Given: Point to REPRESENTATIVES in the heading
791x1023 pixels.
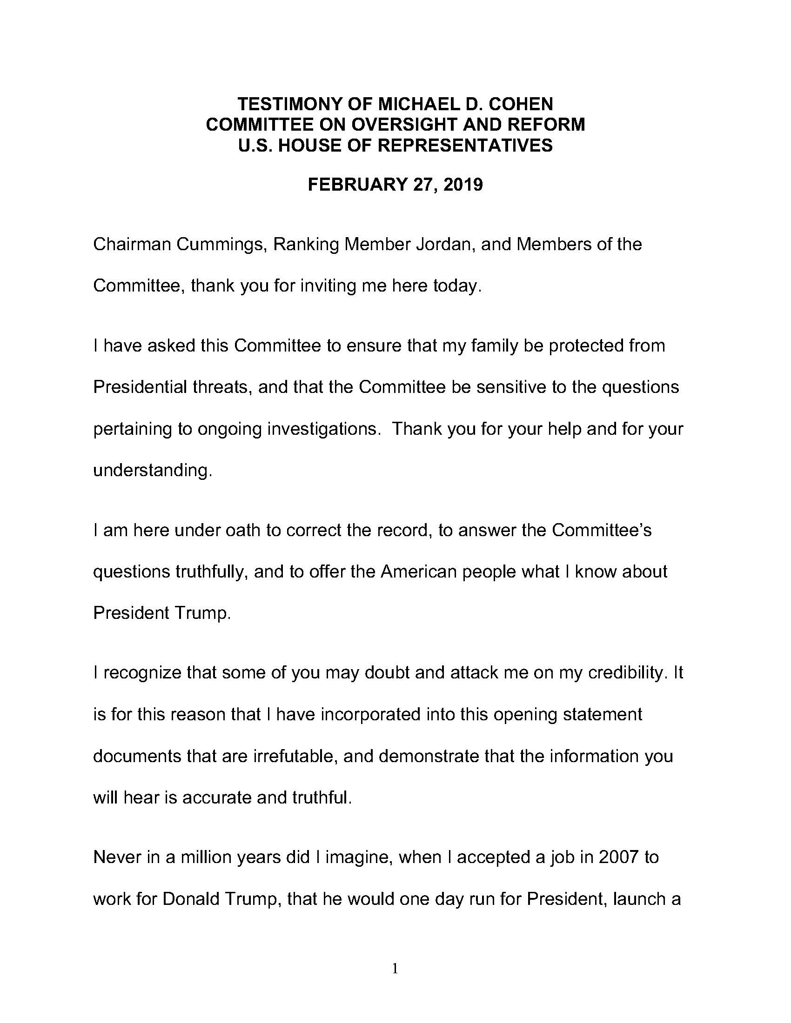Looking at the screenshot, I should coord(465,146).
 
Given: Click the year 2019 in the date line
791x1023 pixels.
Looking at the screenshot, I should coord(463,185).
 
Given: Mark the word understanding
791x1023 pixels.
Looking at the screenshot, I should coord(153,470).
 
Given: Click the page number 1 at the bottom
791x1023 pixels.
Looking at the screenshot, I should coord(395,968).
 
